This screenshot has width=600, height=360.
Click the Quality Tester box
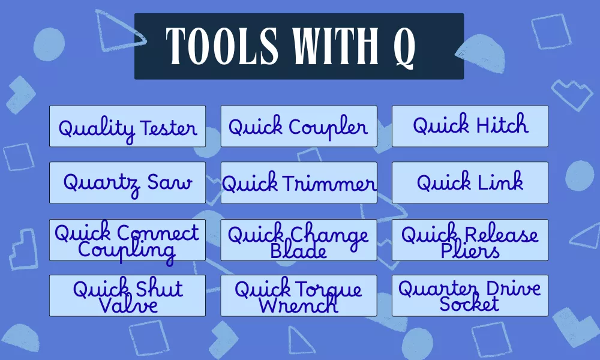click(127, 126)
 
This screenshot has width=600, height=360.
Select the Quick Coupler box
click(299, 126)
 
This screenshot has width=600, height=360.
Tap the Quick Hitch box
click(470, 126)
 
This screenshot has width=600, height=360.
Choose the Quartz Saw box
click(127, 182)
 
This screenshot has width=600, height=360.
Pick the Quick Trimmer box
click(299, 182)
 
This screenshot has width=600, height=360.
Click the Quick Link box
click(470, 182)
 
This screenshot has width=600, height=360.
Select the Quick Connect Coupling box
click(127, 240)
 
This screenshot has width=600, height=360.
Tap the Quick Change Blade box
click(299, 240)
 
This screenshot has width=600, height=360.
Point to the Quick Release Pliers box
click(470, 240)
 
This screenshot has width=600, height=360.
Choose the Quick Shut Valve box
click(127, 295)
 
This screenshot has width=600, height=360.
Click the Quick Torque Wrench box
click(299, 295)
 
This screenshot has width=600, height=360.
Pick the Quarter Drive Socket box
click(470, 295)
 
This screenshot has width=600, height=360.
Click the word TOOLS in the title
click(222, 46)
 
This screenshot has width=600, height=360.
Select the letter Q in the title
click(404, 48)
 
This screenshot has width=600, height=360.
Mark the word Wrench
click(298, 305)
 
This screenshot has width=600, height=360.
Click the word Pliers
click(470, 251)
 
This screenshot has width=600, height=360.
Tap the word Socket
click(469, 304)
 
